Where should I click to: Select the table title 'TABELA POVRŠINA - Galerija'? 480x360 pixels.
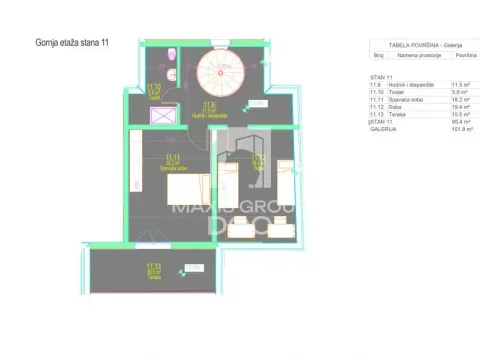410,44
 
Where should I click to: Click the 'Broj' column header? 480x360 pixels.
379,57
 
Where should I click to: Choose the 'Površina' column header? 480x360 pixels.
458,57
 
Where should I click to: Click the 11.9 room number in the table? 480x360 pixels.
376,85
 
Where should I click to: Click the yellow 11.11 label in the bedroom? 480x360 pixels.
173,158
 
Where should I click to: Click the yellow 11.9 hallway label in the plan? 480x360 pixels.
208,106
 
